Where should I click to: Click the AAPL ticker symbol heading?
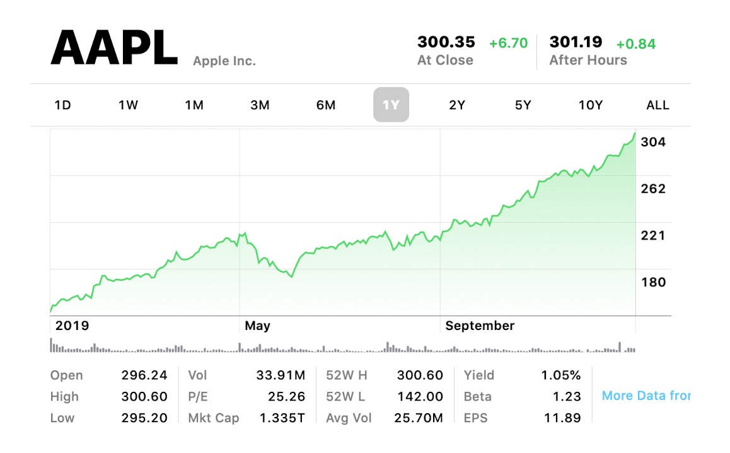point(113,48)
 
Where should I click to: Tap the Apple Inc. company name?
point(224,61)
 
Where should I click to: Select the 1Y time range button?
point(391,105)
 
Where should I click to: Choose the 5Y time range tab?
point(523,105)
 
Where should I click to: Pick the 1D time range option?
point(62,105)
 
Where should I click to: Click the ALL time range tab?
point(658,105)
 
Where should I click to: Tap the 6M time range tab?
point(325,105)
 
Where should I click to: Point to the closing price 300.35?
point(446,42)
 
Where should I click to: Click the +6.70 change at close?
point(508,43)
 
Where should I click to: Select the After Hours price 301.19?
point(576,42)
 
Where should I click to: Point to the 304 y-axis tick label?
point(653,142)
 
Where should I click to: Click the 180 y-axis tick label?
point(653,282)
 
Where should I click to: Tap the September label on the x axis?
point(480,326)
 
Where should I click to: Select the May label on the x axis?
point(257,326)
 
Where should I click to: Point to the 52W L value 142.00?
point(420,397)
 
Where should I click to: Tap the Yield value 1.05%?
point(560,375)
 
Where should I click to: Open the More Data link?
point(646,396)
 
